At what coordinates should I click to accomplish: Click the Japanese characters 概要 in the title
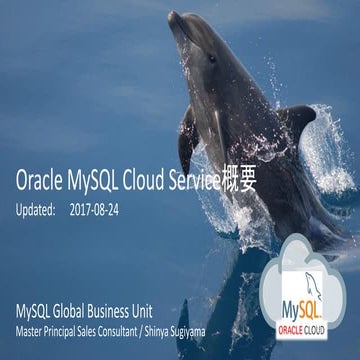(254, 181)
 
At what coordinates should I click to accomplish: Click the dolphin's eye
(211, 58)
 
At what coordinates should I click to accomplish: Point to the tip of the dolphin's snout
(173, 14)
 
